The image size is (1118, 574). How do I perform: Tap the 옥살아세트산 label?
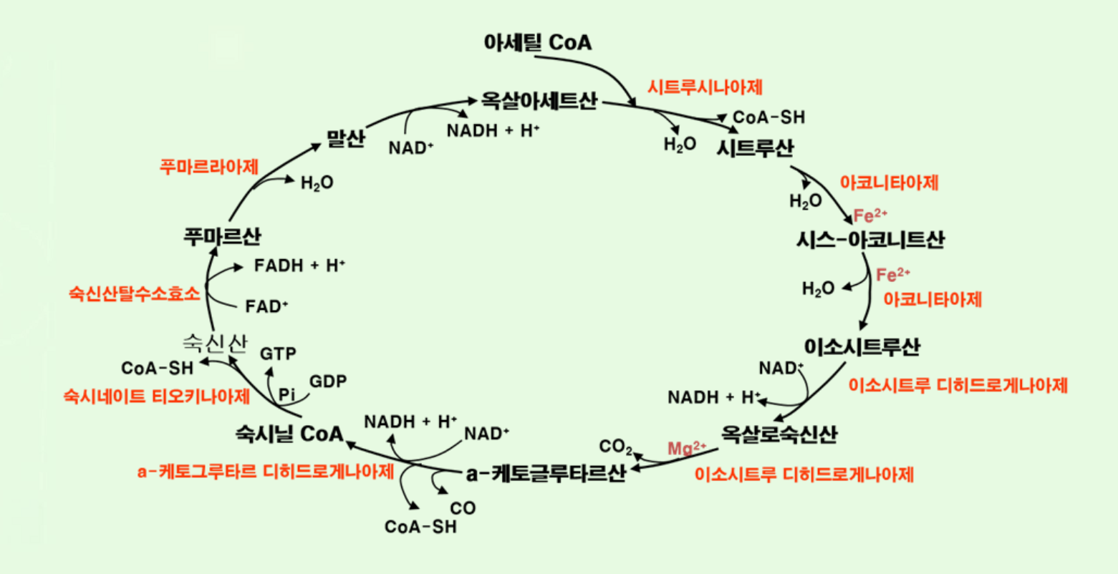[x=539, y=100]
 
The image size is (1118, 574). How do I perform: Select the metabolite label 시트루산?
[x=755, y=148]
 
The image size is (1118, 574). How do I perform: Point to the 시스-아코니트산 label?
[x=869, y=240]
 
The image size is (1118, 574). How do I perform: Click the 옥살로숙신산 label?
[x=779, y=434]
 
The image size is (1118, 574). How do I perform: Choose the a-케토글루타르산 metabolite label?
[x=546, y=473]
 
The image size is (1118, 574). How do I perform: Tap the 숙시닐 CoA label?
[x=289, y=433]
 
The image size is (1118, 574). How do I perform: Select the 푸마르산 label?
[x=222, y=236]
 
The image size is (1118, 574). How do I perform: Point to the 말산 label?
[x=345, y=138]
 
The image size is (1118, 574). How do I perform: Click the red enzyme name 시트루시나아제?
[x=705, y=87]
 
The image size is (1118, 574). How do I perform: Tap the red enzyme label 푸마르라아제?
[x=208, y=167]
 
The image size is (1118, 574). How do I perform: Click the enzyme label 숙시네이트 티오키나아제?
[x=157, y=396]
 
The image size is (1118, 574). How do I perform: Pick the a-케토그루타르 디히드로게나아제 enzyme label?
[x=266, y=472]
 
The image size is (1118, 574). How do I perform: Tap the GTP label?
[x=278, y=354]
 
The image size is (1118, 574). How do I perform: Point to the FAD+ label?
[x=266, y=306]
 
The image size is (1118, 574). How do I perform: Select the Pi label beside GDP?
[x=287, y=394]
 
